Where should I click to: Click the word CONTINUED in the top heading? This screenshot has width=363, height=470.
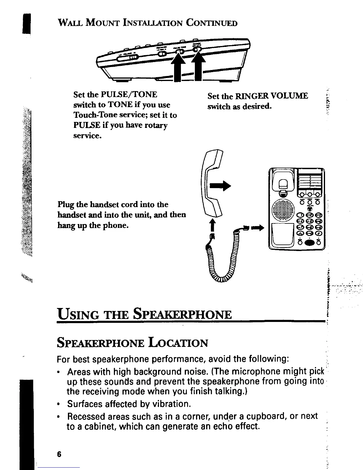tap(211, 23)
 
